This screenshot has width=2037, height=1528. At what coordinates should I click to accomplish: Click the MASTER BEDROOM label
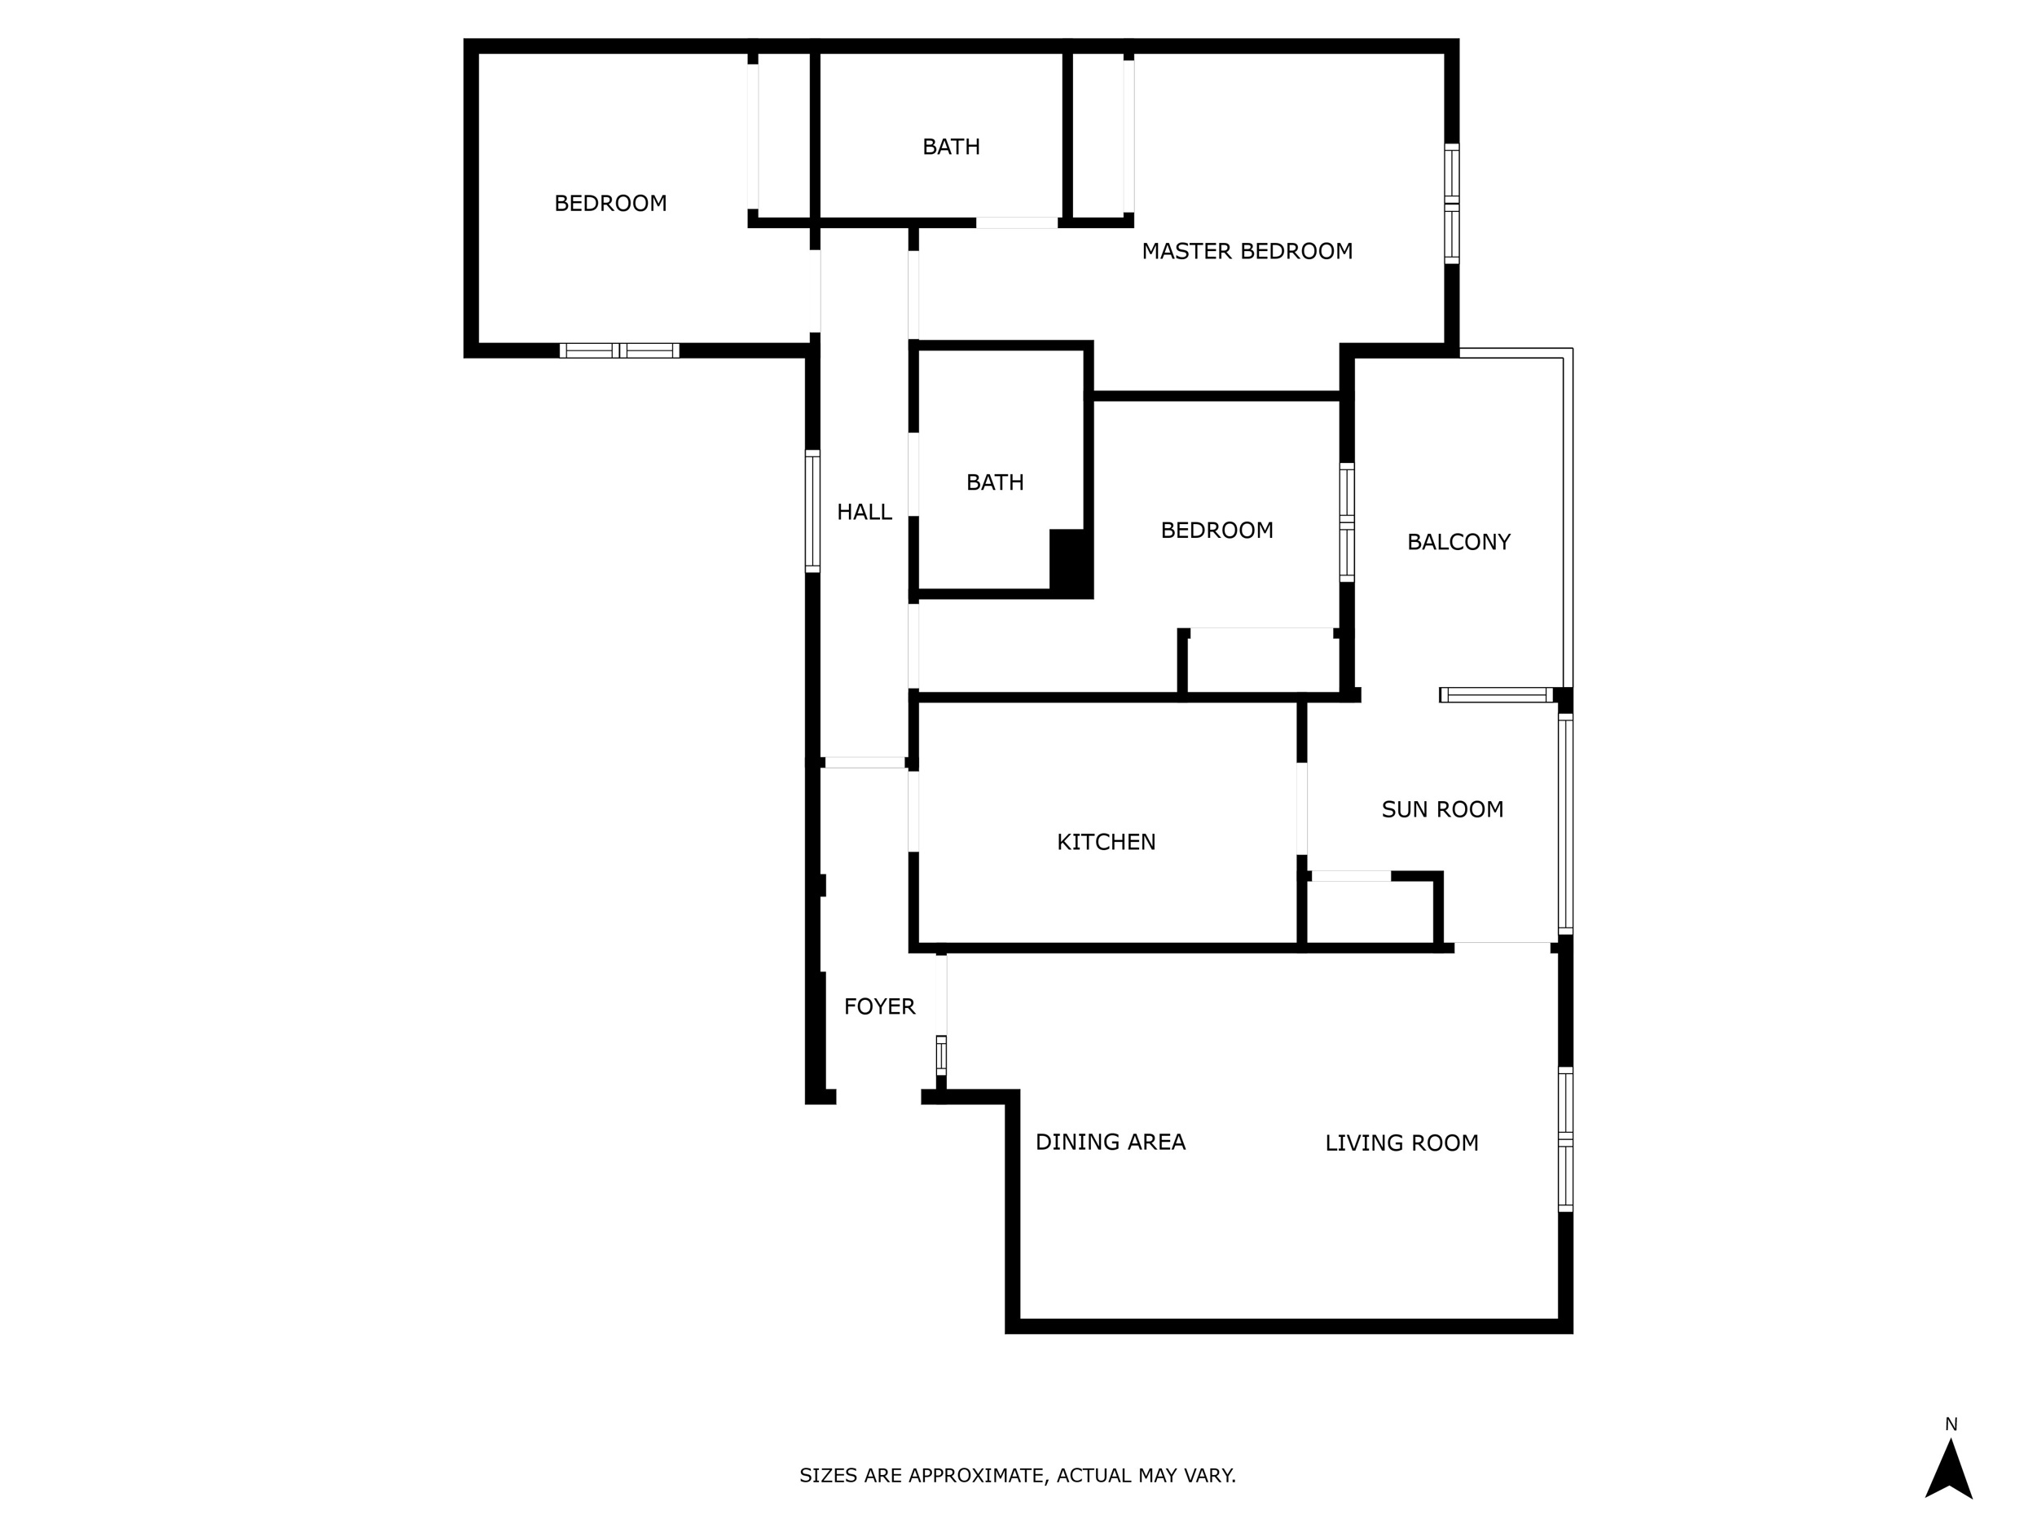[x=1247, y=252]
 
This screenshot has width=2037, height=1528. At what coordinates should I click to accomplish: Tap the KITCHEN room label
[x=1106, y=842]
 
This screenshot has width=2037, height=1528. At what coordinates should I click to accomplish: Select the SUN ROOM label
[x=1442, y=809]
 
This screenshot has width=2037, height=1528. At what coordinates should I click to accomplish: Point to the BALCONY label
[x=1458, y=543]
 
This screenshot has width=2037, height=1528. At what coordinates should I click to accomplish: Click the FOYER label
[x=879, y=1006]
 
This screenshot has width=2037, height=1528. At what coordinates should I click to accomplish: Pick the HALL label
[x=864, y=512]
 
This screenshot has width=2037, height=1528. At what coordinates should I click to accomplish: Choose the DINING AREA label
[x=1111, y=1142]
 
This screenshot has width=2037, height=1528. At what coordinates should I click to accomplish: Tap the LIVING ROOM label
[x=1401, y=1143]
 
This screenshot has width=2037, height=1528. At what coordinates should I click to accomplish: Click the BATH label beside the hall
[x=995, y=482]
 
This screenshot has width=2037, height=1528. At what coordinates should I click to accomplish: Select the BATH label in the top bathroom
[x=951, y=147]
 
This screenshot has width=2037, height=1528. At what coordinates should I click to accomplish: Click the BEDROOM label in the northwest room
[x=610, y=204]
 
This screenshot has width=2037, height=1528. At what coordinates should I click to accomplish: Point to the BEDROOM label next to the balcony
[x=1216, y=531]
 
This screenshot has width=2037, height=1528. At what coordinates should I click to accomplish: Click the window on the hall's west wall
[x=812, y=511]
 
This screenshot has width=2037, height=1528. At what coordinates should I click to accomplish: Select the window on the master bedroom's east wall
[x=1451, y=204]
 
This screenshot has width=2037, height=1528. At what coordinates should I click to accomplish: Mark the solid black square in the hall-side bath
[x=1070, y=561]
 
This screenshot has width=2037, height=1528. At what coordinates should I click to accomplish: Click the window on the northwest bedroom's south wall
[x=618, y=350]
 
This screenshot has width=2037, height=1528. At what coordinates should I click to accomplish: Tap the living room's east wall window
[x=1565, y=1139]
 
